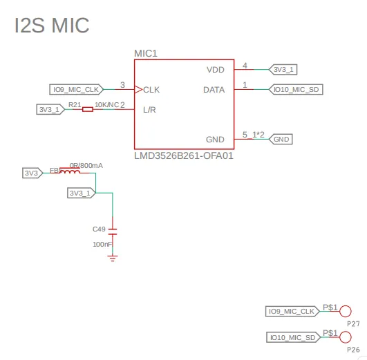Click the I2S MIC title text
(52, 25)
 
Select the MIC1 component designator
(146, 53)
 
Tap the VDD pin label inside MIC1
(216, 70)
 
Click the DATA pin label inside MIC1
(214, 90)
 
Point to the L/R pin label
(149, 110)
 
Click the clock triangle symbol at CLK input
(138, 89)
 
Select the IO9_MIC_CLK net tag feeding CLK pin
(76, 89)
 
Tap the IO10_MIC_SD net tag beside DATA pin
(296, 89)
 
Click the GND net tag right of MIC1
(281, 140)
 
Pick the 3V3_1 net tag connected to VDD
(283, 70)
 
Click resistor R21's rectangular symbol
(88, 109)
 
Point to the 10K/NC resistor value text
(106, 104)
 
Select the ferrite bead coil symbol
(70, 171)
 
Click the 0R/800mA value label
(86, 165)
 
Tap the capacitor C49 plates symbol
(113, 231)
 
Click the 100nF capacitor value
(102, 245)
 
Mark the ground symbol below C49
(113, 258)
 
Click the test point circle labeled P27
(346, 312)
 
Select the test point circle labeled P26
(346, 337)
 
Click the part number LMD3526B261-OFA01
(184, 155)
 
